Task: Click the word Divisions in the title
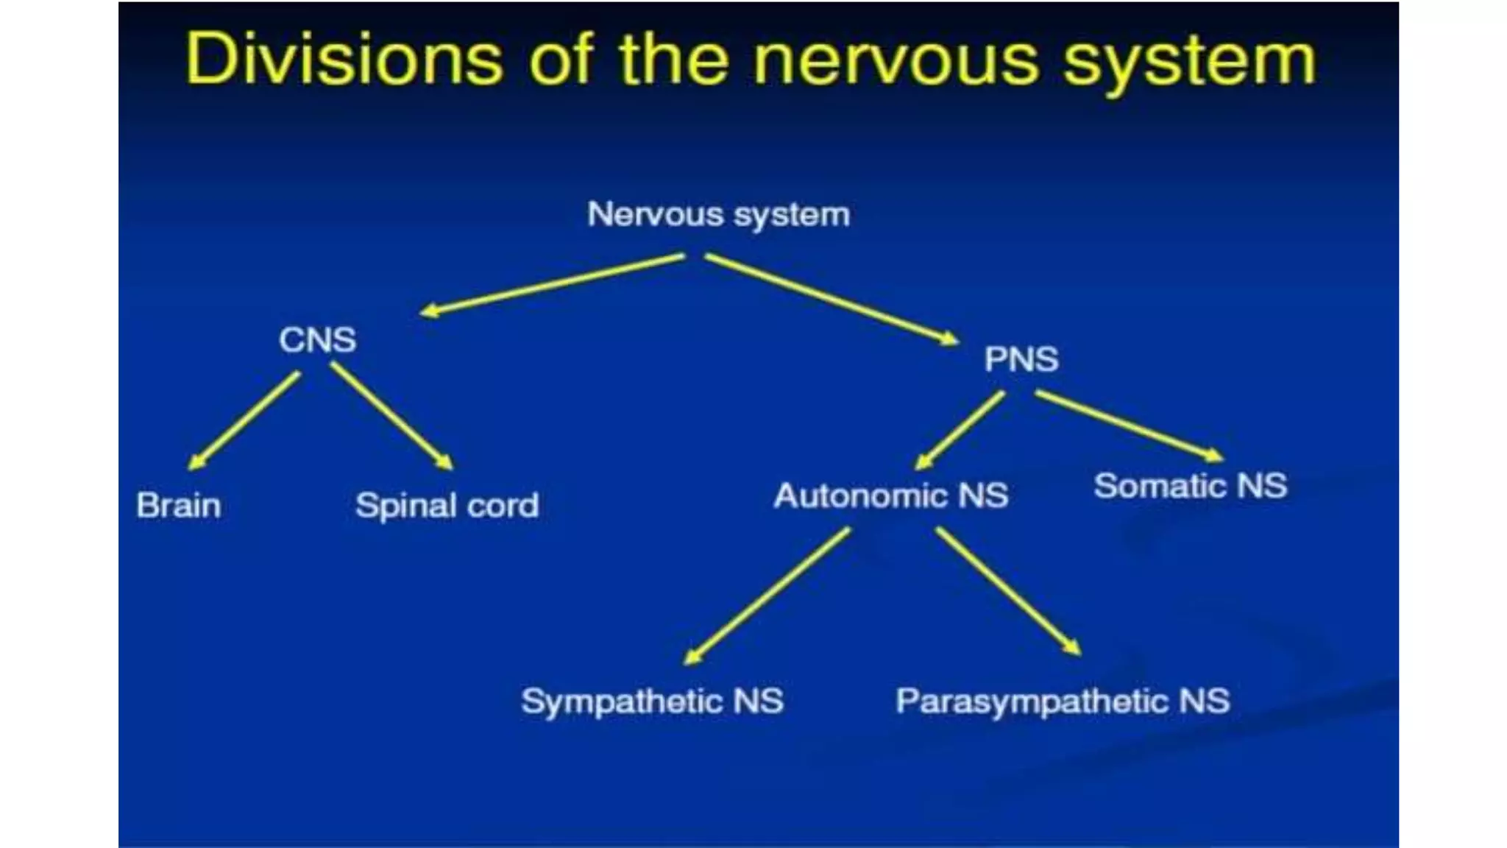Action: (344, 60)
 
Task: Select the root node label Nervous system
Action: (718, 215)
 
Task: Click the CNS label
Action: (317, 340)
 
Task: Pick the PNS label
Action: (1021, 359)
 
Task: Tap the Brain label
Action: (179, 506)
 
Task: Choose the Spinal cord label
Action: (447, 506)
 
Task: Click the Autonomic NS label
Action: (890, 495)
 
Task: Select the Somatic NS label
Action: (1190, 486)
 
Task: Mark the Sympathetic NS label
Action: (652, 701)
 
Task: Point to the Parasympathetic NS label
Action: (1062, 701)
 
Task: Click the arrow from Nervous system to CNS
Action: (552, 284)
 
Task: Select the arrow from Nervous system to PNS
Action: (831, 298)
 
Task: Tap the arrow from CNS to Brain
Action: (244, 420)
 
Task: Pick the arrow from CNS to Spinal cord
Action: (391, 417)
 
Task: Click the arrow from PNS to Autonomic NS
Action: (960, 431)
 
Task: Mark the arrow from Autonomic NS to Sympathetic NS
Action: (767, 596)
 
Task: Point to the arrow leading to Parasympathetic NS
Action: (1008, 590)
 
